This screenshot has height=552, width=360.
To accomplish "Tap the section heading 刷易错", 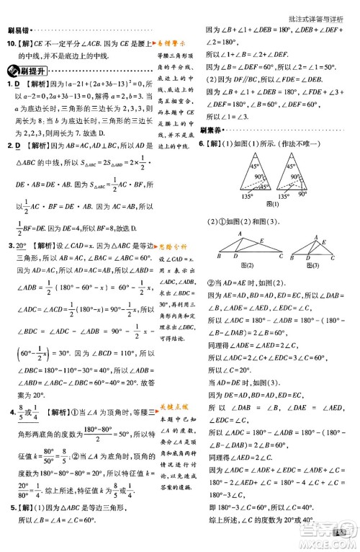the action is pos(19,30).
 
